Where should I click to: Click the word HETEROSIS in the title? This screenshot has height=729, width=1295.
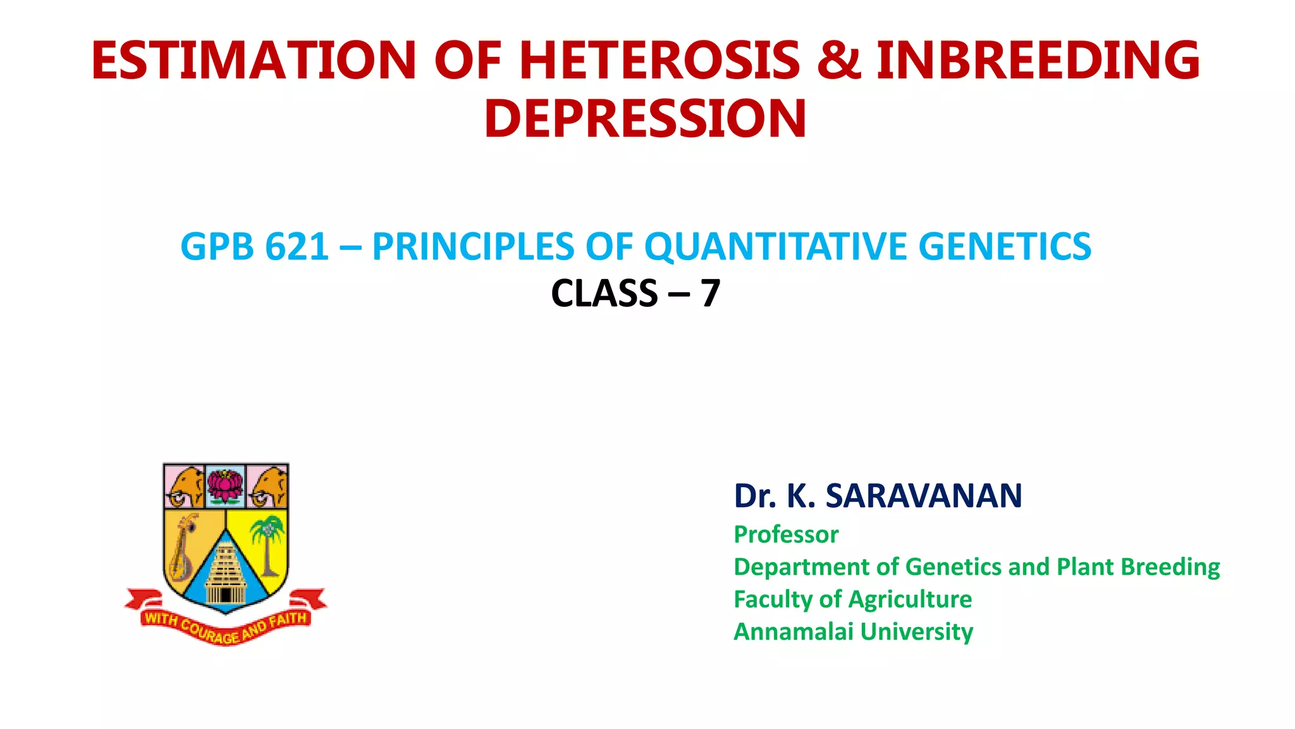tap(660, 61)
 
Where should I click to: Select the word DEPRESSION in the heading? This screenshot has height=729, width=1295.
tap(645, 119)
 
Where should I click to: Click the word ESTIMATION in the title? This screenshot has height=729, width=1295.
tap(254, 61)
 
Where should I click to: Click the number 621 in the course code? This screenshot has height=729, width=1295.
tap(297, 247)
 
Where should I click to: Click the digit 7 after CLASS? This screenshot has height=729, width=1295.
tap(710, 294)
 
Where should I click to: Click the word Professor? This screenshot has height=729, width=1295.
tap(786, 535)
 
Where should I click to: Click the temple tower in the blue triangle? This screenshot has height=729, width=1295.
tap(226, 573)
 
